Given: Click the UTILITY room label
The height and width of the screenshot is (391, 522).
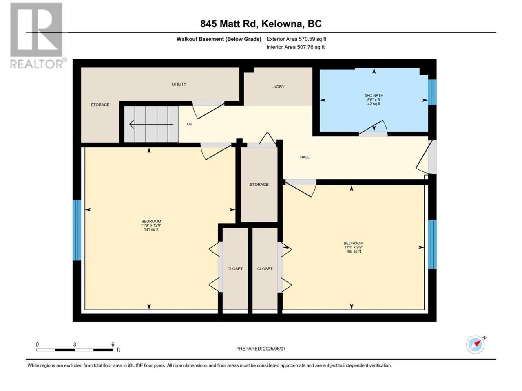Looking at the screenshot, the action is [179, 84].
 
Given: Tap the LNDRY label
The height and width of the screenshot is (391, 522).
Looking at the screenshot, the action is [278, 86].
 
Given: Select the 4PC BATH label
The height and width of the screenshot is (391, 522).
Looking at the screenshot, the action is [374, 95].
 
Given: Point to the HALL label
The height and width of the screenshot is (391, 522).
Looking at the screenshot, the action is [305, 157].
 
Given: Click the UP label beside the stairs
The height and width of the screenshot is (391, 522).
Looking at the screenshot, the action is [189, 124].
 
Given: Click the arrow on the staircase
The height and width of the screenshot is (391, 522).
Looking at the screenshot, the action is [151, 124].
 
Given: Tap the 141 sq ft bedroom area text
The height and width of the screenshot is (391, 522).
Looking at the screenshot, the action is [151, 230].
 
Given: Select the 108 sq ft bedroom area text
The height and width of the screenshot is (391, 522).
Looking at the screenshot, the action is [354, 251].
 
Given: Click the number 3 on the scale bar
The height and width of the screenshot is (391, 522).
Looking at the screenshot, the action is [75, 345].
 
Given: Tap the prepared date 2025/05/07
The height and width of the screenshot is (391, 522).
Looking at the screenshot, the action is [274, 349].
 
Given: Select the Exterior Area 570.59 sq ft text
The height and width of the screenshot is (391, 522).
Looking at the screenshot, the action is [296, 39].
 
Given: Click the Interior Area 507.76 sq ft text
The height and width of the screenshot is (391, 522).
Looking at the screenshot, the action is [295, 47].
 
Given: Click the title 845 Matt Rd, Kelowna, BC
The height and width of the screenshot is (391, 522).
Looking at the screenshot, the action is [261, 24].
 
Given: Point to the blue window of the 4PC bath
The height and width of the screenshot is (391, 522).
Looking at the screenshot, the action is [432, 92].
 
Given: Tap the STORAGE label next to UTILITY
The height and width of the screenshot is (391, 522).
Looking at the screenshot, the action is [100, 105].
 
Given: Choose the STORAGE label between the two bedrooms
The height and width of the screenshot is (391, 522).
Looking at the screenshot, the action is [259, 184].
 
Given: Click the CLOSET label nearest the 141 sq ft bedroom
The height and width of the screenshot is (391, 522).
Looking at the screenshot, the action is [235, 269].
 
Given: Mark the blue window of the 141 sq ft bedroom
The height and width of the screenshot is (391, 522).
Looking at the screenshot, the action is [77, 230].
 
